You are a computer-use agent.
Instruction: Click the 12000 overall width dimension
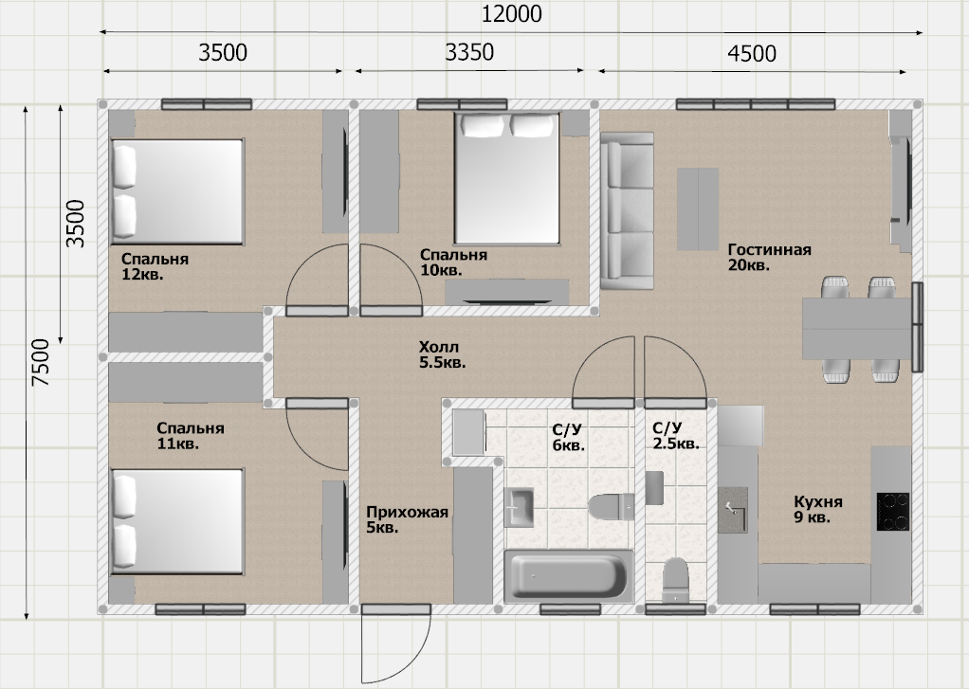pyautogui.click(x=511, y=13)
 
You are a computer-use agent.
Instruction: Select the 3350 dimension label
pyautogui.click(x=469, y=52)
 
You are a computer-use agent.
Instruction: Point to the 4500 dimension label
pyautogui.click(x=752, y=54)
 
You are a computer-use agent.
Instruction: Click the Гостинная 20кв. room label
pyautogui.click(x=769, y=257)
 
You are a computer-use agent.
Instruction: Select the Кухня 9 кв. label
pyautogui.click(x=818, y=509)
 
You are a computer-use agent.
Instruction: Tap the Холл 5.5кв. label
pyautogui.click(x=442, y=354)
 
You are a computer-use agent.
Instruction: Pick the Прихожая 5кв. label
pyautogui.click(x=407, y=519)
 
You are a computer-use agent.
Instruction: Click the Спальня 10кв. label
pyautogui.click(x=453, y=262)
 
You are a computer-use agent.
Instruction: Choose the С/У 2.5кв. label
pyautogui.click(x=676, y=436)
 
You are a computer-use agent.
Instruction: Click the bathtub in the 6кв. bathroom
pyautogui.click(x=568, y=576)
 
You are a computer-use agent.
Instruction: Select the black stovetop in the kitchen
pyautogui.click(x=893, y=511)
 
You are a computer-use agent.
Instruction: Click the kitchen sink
pyautogui.click(x=734, y=511)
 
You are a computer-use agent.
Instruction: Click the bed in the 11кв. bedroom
pyautogui.click(x=176, y=521)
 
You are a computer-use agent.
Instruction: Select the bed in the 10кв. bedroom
pyautogui.click(x=507, y=178)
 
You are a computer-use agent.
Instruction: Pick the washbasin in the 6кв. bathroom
pyautogui.click(x=520, y=507)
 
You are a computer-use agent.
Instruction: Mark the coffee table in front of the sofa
pyautogui.click(x=698, y=209)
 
